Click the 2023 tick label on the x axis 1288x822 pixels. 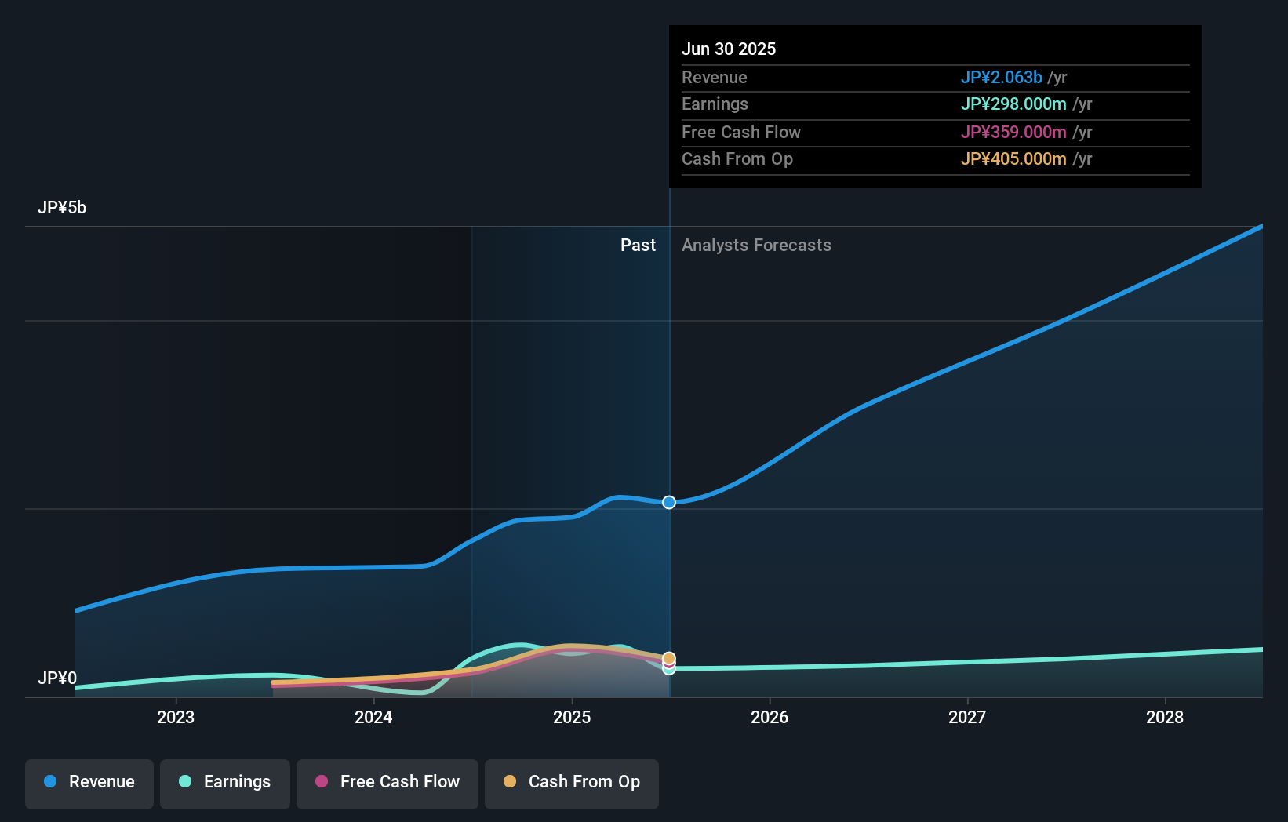click(x=176, y=717)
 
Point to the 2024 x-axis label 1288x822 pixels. click(x=373, y=717)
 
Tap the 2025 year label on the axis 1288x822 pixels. click(x=572, y=717)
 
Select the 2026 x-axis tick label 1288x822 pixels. click(x=770, y=717)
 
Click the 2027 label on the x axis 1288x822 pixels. click(x=967, y=717)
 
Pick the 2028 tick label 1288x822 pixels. click(x=1165, y=717)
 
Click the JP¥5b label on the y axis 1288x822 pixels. click(x=62, y=208)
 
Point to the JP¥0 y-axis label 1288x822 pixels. click(x=57, y=678)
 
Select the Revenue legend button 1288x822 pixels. click(x=89, y=782)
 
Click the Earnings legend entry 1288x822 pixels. click(x=225, y=782)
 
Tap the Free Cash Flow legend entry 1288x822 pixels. click(x=387, y=782)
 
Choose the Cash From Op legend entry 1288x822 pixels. click(x=572, y=782)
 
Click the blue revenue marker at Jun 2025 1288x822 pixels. click(x=669, y=502)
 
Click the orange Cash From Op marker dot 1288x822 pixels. click(x=669, y=658)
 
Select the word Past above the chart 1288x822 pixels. click(x=638, y=246)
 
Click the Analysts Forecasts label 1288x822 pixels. click(x=756, y=246)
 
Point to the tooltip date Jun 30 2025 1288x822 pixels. click(x=729, y=49)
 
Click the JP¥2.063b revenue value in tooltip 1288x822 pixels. click(x=1002, y=78)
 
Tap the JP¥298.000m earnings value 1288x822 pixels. click(x=1013, y=104)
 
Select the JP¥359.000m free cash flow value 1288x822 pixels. click(x=1013, y=133)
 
